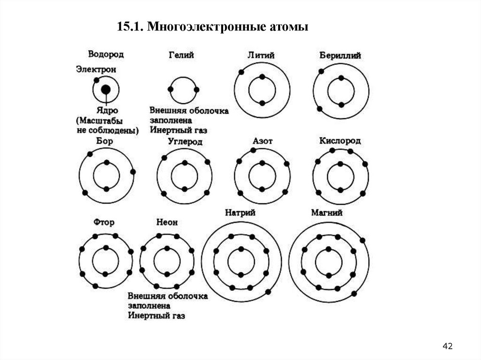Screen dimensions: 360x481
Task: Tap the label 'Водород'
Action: point(106,54)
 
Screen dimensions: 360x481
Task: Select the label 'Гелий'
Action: point(181,55)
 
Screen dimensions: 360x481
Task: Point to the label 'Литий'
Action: point(261,55)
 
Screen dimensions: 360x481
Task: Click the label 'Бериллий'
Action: point(340,55)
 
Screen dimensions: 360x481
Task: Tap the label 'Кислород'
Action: point(340,141)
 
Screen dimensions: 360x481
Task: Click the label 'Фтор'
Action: point(104,222)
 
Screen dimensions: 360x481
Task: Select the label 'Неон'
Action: point(167,222)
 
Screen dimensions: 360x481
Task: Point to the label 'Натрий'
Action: point(240,213)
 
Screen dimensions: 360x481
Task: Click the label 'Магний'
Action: point(327,213)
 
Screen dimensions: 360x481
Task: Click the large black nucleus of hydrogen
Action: point(106,89)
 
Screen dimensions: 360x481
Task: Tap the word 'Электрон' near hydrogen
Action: point(96,69)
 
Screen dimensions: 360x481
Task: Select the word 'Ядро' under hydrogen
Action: point(107,112)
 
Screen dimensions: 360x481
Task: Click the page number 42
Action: point(447,346)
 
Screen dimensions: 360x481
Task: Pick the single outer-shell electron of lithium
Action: point(241,72)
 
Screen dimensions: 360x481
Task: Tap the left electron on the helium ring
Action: point(170,89)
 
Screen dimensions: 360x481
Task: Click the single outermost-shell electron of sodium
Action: point(268,291)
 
